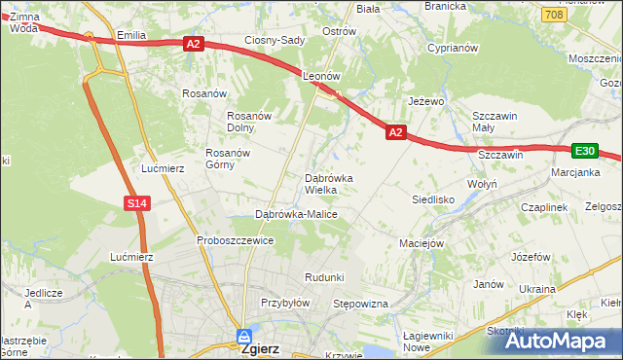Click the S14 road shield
pos(137,202)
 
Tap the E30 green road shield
pos(584,151)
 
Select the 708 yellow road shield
pos(554,16)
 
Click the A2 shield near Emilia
pos(193,43)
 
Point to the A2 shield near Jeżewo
pos(395,131)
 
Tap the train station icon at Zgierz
pos(242,337)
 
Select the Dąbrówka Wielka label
pos(335,184)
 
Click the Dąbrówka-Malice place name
pos(295,214)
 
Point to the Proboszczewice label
pos(235,240)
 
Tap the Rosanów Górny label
pos(229,159)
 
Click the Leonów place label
pos(320,75)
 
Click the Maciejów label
pos(421,243)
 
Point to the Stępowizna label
pos(361,305)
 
